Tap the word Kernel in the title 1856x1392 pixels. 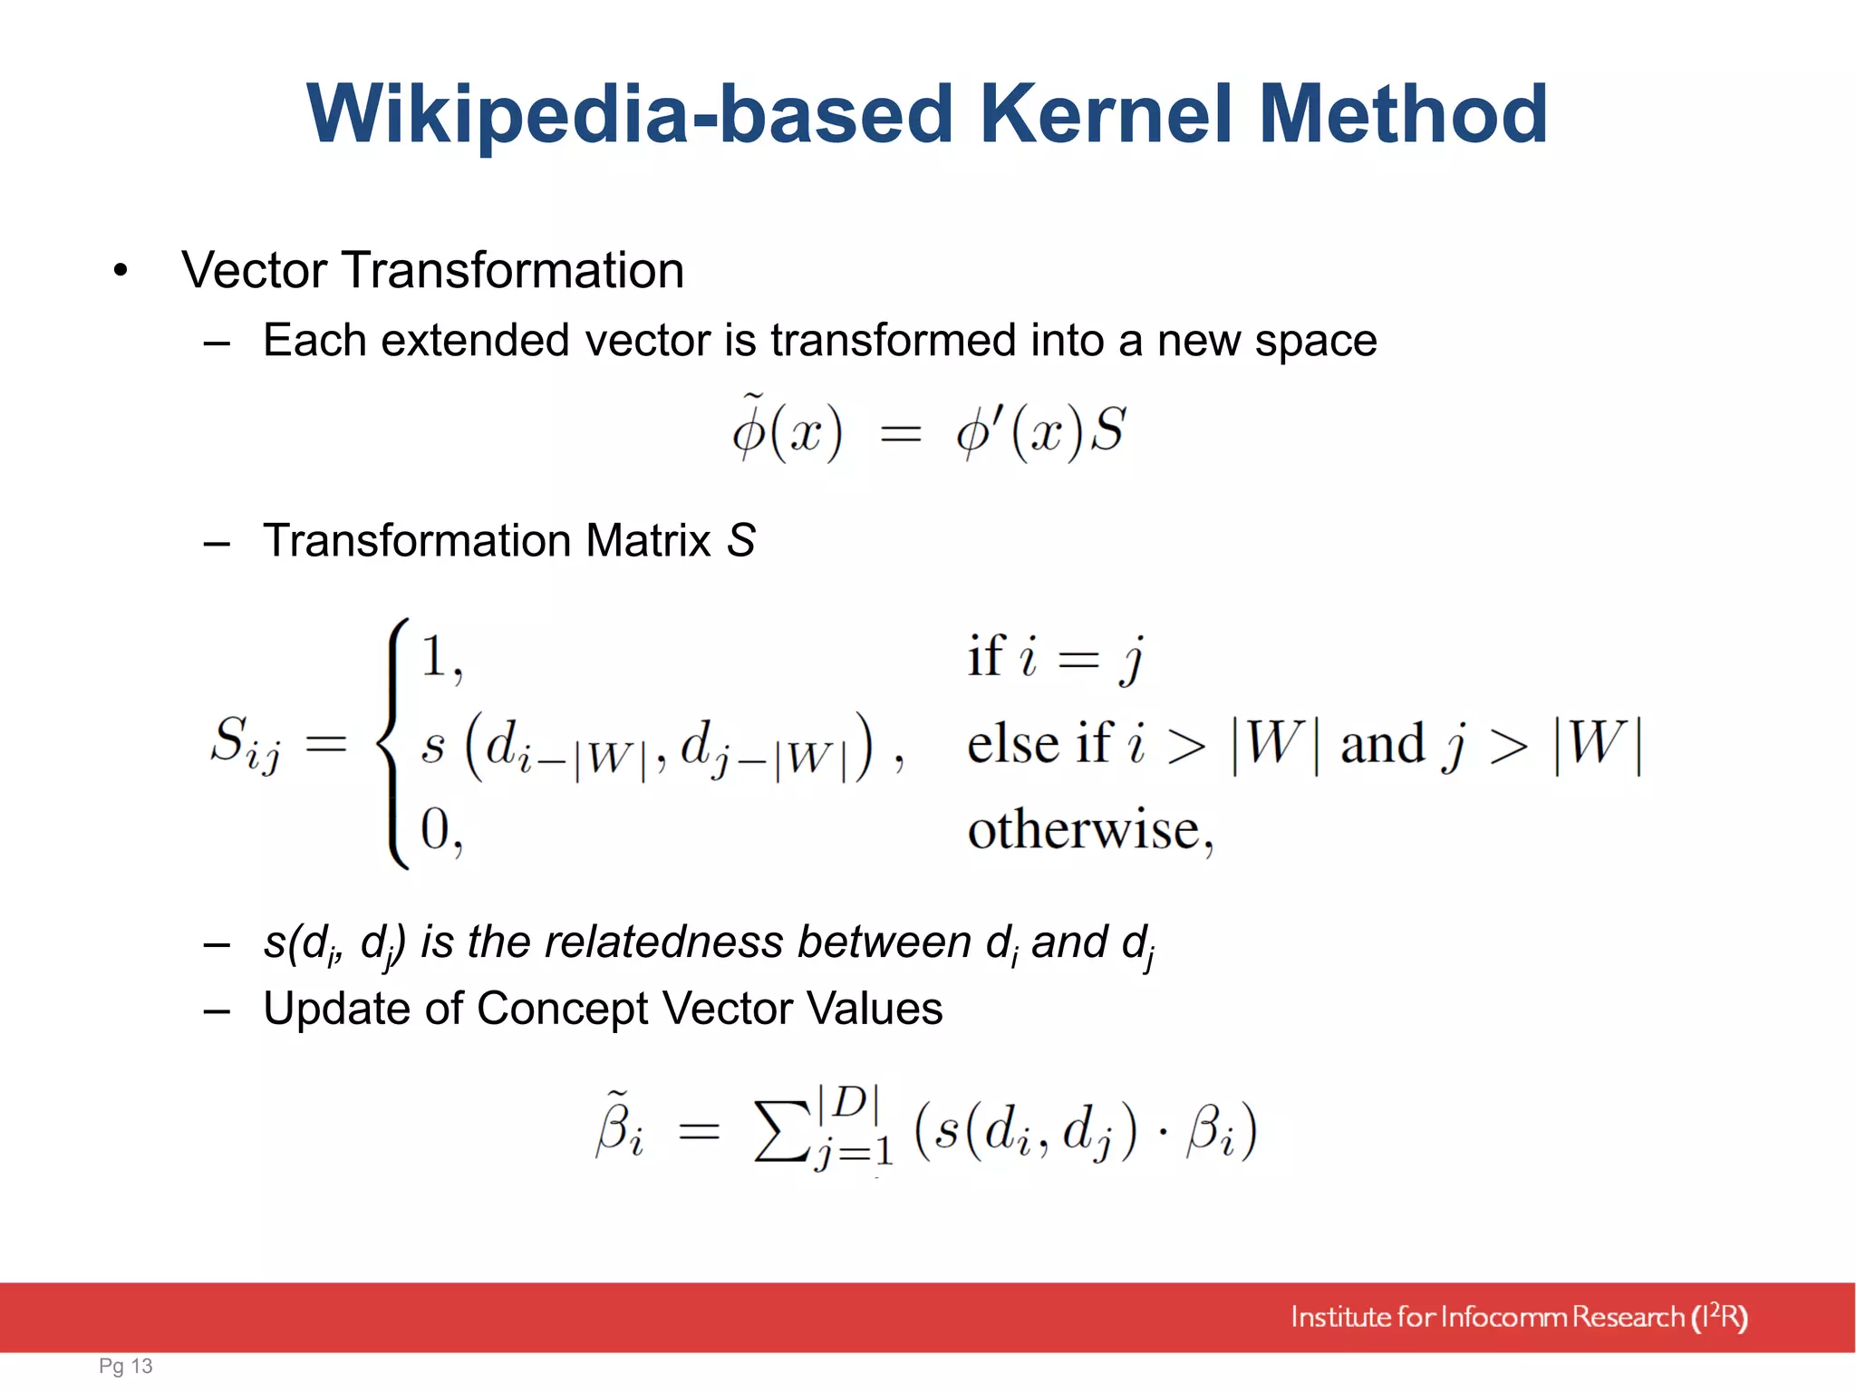pos(1106,115)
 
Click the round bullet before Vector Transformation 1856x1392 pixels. pos(121,271)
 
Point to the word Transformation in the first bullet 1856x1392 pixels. pos(512,271)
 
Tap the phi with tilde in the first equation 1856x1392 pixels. pos(749,430)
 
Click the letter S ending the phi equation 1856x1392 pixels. pos(1107,430)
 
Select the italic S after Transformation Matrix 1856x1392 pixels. pos(740,541)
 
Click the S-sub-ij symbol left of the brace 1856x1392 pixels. pos(245,743)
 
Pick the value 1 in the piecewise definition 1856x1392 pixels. pos(434,657)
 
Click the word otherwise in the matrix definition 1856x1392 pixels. pos(1084,829)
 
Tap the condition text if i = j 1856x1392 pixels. pos(1055,657)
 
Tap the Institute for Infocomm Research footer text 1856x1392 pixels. pos(1518,1317)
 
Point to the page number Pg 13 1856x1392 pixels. pos(126,1366)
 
